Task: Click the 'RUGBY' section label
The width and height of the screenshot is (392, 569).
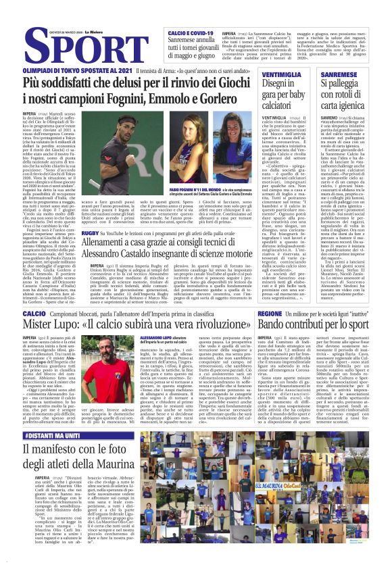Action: click(90, 233)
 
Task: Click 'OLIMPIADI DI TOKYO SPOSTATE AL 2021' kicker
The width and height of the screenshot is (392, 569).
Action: click(77, 70)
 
